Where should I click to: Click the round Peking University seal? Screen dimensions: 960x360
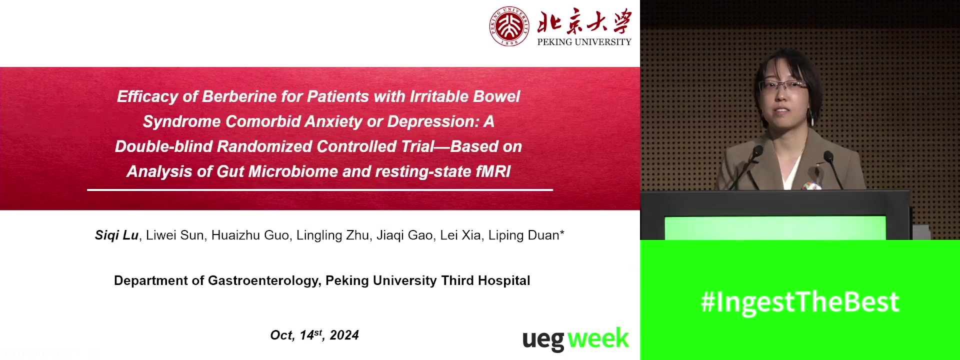click(x=509, y=26)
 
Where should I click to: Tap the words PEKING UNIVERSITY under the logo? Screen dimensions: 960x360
click(x=584, y=42)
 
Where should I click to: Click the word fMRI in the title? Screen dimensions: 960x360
click(x=493, y=171)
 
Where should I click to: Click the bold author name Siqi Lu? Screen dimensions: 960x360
click(x=116, y=235)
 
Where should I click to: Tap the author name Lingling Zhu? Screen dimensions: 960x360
click(x=332, y=235)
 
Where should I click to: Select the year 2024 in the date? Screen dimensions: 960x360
click(x=344, y=335)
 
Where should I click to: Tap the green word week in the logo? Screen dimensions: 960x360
click(x=598, y=338)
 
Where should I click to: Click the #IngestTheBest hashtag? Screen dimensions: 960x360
click(x=800, y=302)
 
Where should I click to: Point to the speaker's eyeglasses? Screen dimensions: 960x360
click(x=782, y=86)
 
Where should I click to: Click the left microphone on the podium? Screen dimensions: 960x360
click(x=745, y=167)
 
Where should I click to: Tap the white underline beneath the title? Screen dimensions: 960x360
click(x=320, y=190)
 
